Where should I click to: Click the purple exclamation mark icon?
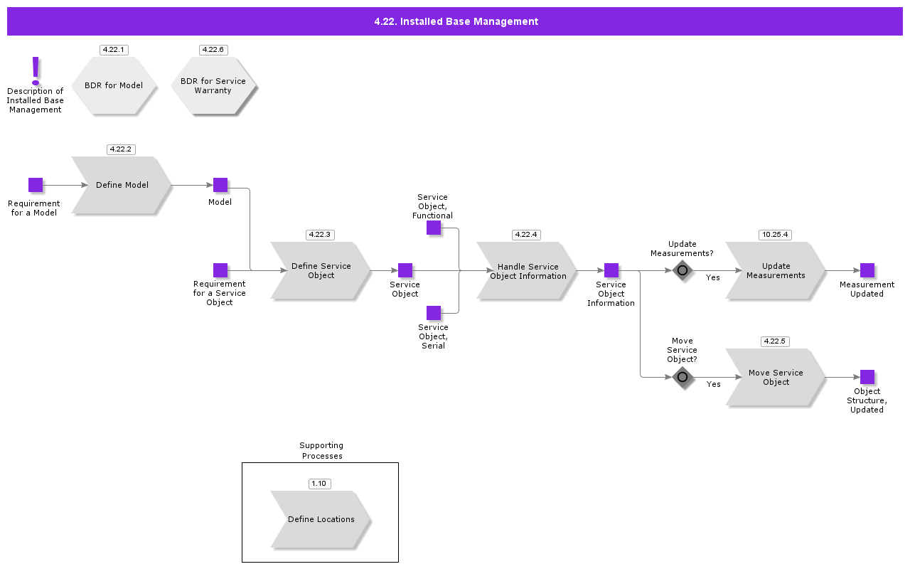[x=36, y=71]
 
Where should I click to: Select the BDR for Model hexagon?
[x=114, y=85]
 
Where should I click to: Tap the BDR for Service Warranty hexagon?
[x=213, y=86]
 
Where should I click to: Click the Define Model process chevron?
[x=122, y=185]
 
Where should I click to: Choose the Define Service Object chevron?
[x=321, y=270]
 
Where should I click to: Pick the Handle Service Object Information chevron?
[x=527, y=271]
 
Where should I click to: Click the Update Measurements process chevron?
[x=776, y=270]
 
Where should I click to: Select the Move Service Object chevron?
[x=776, y=377]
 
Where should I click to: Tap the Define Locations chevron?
[x=321, y=519]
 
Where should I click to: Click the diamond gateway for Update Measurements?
[x=682, y=270]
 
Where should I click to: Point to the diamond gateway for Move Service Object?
[x=682, y=377]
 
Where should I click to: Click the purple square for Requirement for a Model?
[x=36, y=185]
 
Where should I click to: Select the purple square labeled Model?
[x=220, y=185]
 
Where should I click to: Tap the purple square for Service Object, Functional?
[x=434, y=228]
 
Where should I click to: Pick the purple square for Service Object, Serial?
[x=434, y=313]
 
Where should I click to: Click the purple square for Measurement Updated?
[x=867, y=270]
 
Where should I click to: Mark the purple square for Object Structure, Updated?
[x=867, y=377]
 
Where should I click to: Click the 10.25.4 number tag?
[x=775, y=235]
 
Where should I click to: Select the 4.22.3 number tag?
[x=320, y=235]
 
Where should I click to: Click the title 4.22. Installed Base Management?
[x=456, y=21]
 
